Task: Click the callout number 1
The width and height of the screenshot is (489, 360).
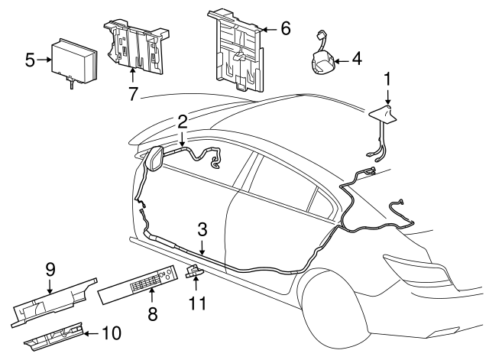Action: pyautogui.click(x=387, y=78)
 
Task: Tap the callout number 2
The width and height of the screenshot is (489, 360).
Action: pyautogui.click(x=183, y=121)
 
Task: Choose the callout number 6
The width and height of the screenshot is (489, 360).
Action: pyautogui.click(x=285, y=29)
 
